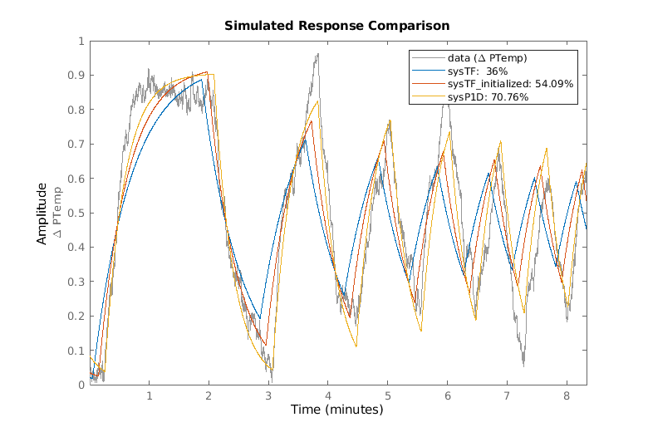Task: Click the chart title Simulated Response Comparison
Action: pyautogui.click(x=336, y=26)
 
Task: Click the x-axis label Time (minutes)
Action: pyautogui.click(x=336, y=410)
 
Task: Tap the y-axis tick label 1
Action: pyautogui.click(x=81, y=41)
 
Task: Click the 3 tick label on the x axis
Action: pyautogui.click(x=268, y=395)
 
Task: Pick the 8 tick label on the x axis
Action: pyautogui.click(x=567, y=395)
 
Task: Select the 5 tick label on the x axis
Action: pyautogui.click(x=388, y=395)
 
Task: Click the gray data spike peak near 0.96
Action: pyautogui.click(x=317, y=54)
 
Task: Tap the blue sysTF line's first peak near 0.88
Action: pyautogui.click(x=201, y=80)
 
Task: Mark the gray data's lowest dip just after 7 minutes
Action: pyautogui.click(x=523, y=364)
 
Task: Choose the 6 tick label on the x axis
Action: pyautogui.click(x=447, y=395)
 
